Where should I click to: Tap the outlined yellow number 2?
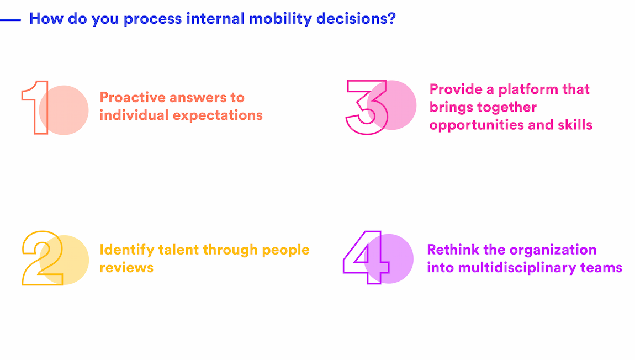click(x=43, y=258)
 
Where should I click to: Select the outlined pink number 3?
click(x=366, y=107)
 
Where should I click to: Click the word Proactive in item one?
click(x=133, y=98)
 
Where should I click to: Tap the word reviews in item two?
click(x=126, y=268)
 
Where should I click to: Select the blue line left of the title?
click(x=10, y=20)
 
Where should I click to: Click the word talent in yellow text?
click(x=178, y=250)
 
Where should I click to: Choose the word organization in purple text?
click(x=553, y=250)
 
